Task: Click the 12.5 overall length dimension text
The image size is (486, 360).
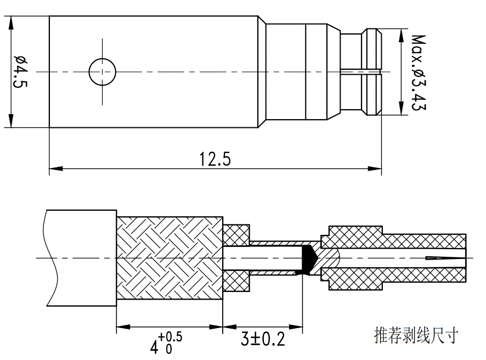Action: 216,159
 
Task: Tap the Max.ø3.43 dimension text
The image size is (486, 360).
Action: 418,72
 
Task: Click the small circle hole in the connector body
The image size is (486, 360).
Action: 103,71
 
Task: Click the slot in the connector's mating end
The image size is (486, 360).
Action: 359,71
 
